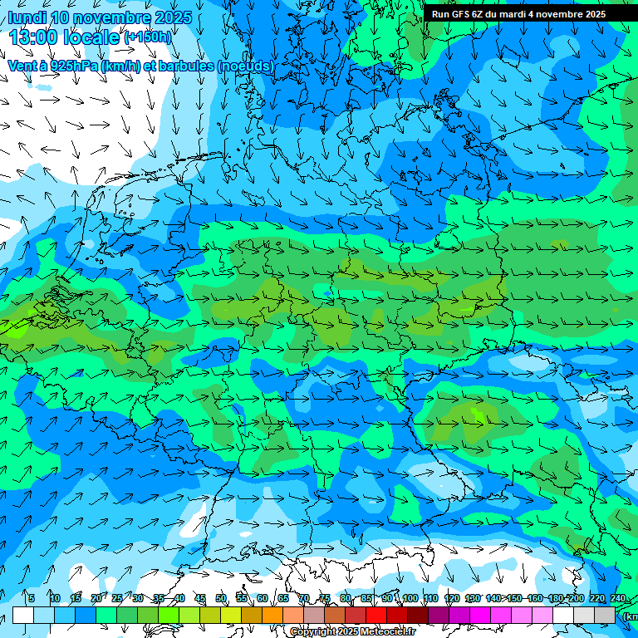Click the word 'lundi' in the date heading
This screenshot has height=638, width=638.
point(27,17)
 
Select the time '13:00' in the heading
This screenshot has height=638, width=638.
point(34,37)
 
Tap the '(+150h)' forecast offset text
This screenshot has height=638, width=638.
point(147,37)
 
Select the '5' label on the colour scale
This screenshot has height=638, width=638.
point(31,598)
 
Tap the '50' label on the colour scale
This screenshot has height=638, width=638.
point(221,598)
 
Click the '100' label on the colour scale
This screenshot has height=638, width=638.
point(410,598)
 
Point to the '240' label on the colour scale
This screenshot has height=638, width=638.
point(618,598)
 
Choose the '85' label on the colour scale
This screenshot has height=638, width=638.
point(366,598)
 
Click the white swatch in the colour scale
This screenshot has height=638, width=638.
point(23,615)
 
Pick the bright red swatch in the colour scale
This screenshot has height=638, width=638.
point(376,615)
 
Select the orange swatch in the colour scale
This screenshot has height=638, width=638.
point(272,615)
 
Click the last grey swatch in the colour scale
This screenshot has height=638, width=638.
point(605,615)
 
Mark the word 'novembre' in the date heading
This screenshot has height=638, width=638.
point(111,17)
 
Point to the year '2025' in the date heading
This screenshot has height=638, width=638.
point(173,17)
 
